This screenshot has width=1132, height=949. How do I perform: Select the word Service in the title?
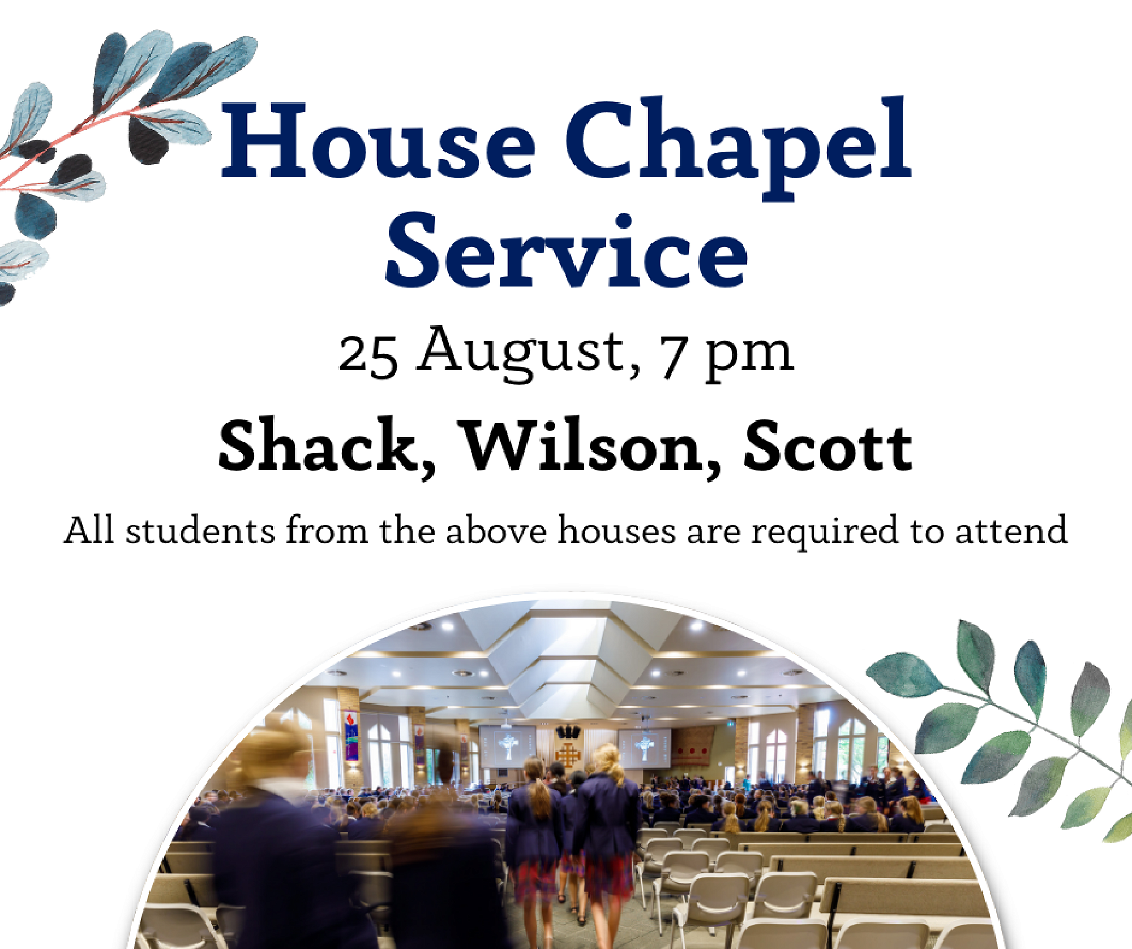click(566, 250)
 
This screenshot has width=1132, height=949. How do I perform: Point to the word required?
click(824, 533)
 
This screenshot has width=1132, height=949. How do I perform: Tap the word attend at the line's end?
click(1011, 530)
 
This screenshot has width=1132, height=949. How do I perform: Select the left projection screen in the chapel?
click(507, 746)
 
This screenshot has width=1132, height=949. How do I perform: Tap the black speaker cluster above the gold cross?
click(568, 732)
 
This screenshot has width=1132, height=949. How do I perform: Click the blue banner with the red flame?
click(351, 736)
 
